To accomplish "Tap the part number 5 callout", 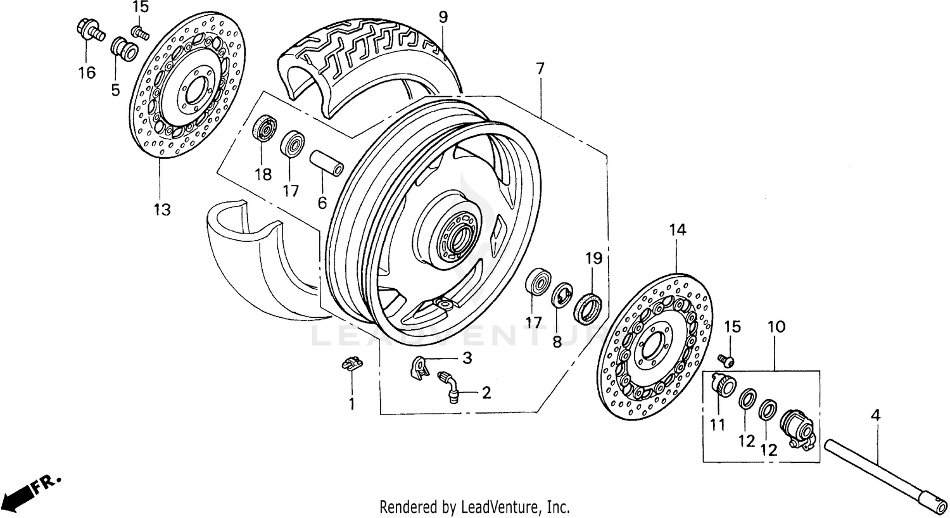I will pos(115,90).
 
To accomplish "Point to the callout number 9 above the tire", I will pos(443,17).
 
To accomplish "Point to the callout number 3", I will pos(467,358).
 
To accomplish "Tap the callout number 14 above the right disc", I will pos(676,230).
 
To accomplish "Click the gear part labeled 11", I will pos(721,384).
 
